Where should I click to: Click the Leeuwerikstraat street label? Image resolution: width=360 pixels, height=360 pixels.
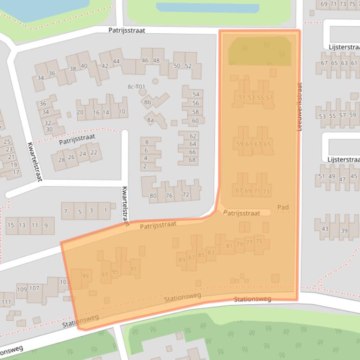coord(299,107)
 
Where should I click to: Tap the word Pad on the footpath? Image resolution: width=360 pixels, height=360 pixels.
coord(283,207)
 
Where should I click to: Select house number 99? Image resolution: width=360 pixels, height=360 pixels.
coord(85,276)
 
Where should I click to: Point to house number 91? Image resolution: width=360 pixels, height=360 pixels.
coord(133,269)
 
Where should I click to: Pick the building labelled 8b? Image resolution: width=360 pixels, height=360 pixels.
coord(148,102)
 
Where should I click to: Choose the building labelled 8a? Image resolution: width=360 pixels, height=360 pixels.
coord(151,120)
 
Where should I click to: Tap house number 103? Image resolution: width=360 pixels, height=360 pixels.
coord(64,282)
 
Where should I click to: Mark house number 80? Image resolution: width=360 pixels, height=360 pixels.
coord(153,195)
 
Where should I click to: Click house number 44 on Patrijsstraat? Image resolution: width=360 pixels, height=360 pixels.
coord(117,61)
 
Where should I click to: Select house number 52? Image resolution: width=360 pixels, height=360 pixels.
coord(188,66)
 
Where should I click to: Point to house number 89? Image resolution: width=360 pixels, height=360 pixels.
coord(182,260)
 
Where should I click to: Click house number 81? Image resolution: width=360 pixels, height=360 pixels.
coord(229,246)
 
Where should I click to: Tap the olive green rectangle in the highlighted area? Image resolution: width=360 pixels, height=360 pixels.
coord(259,51)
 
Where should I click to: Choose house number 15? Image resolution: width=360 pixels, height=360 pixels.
coord(10,225)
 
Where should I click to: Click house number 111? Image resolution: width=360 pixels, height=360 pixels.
coord(6,302)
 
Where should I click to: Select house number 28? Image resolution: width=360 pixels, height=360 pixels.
coord(61,160)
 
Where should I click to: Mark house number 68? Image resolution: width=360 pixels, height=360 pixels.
coord(192,160)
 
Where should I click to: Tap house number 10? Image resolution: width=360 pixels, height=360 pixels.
coord(122,112)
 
